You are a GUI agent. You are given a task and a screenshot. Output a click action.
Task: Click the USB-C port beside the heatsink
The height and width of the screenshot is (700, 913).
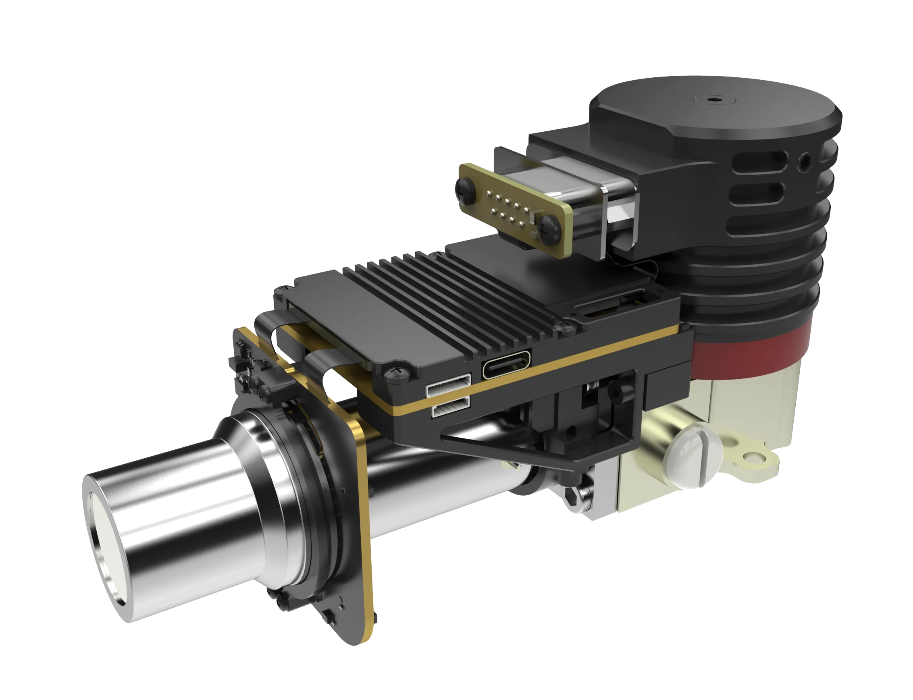coord(506,365)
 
